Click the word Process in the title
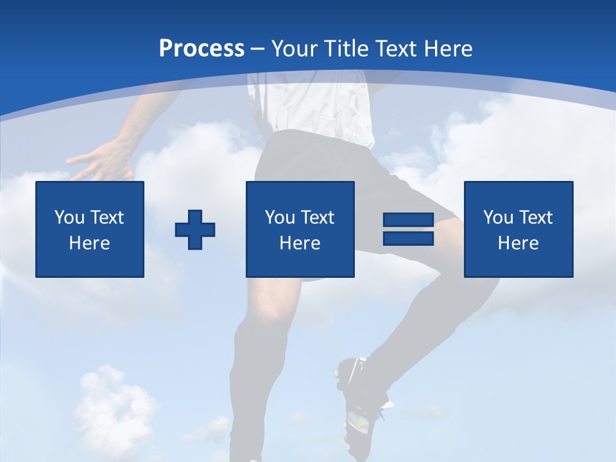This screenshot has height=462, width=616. [201, 49]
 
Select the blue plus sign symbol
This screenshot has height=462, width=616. [195, 230]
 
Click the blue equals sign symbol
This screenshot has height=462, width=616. [408, 229]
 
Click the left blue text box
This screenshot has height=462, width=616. [90, 229]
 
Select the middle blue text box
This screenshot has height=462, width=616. [300, 229]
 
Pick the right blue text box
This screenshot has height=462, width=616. [518, 229]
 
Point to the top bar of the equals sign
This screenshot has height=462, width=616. [408, 220]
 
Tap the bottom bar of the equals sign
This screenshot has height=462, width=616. [408, 238]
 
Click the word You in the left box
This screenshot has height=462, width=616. [69, 218]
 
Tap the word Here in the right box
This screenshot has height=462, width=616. [518, 243]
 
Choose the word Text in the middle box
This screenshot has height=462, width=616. [317, 218]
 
